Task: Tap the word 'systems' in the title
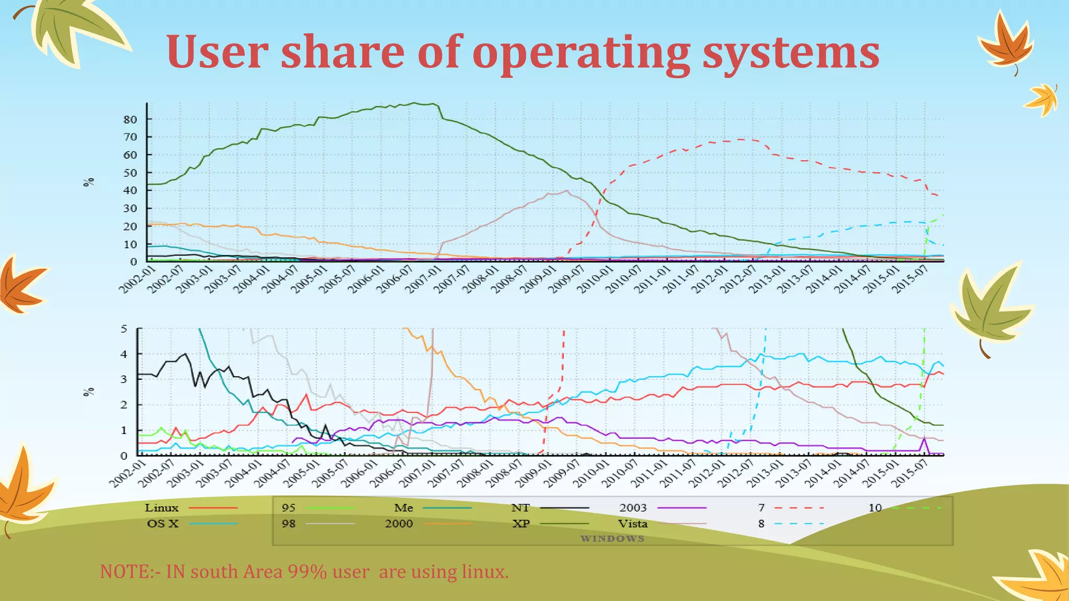[x=790, y=53]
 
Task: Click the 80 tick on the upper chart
[x=130, y=119]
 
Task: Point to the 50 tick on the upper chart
[x=130, y=173]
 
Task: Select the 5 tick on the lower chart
[x=124, y=329]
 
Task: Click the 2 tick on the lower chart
[x=124, y=405]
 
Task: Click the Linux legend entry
[x=161, y=508]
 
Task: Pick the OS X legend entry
[x=162, y=523]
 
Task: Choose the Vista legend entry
[x=633, y=523]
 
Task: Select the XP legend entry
[x=521, y=523]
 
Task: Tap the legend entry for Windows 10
[x=875, y=508]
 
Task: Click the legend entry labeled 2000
[x=399, y=523]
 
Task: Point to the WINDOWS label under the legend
[x=612, y=538]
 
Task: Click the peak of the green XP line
[x=414, y=103]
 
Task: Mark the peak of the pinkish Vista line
[x=567, y=190]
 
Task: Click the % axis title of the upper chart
[x=89, y=182]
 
